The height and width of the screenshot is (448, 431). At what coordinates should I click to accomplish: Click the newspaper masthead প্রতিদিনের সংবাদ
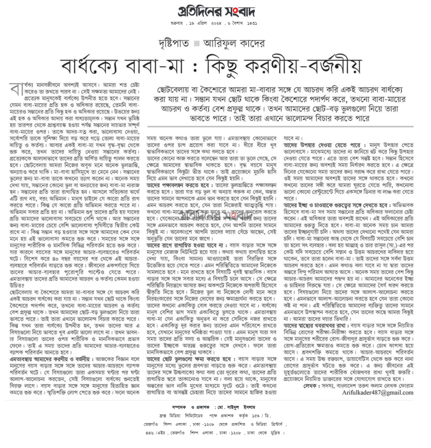[216, 11]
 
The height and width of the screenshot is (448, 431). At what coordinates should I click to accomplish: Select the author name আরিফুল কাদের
[233, 43]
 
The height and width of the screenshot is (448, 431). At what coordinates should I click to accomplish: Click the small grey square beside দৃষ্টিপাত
[196, 44]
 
